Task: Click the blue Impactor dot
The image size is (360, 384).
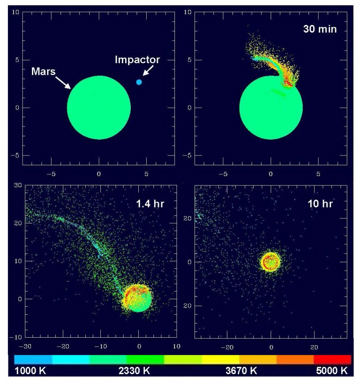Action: click(139, 82)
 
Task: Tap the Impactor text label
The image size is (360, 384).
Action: click(138, 60)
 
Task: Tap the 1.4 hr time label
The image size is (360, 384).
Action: click(147, 204)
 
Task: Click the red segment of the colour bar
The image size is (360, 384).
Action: click(332, 359)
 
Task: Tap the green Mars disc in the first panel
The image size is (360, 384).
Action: click(98, 108)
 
